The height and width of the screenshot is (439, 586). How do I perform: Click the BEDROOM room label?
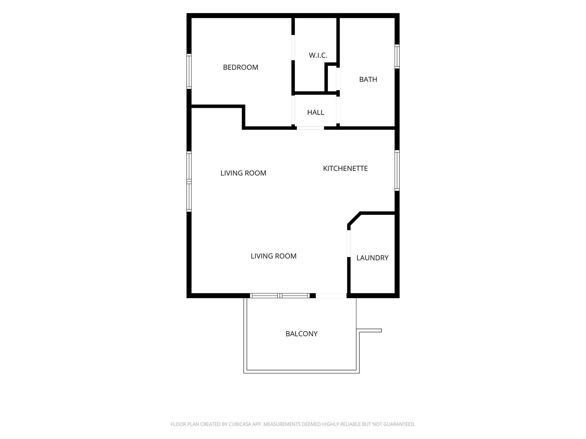coord(241,67)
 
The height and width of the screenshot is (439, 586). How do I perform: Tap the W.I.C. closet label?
coord(318,55)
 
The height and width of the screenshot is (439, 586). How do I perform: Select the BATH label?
coord(368,79)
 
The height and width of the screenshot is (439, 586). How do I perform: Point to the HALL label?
coord(316,113)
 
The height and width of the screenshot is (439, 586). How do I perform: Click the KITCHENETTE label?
coord(345,169)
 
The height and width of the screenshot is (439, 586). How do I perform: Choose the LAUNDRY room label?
coord(372,258)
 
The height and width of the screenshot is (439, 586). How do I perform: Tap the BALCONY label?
coord(302,334)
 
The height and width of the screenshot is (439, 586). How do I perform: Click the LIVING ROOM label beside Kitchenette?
coord(243,173)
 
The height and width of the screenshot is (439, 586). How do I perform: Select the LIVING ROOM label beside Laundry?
coord(274,256)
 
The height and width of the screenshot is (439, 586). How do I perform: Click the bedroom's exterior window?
coord(189,71)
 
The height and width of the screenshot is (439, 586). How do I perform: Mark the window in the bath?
coord(397,56)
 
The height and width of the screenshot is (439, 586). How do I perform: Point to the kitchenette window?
coord(397,170)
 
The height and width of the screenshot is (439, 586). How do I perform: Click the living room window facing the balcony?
coord(280,296)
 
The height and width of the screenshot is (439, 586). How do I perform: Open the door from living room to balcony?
coord(331,296)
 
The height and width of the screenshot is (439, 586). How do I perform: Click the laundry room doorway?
coord(349,244)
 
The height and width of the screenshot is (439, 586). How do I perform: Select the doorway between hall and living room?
coord(310,128)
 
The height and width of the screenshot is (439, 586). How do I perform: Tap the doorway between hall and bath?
coord(338,110)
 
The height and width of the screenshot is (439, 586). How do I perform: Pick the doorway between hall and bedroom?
coord(293,110)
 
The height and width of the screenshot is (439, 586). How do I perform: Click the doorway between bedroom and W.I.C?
coord(293,48)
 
